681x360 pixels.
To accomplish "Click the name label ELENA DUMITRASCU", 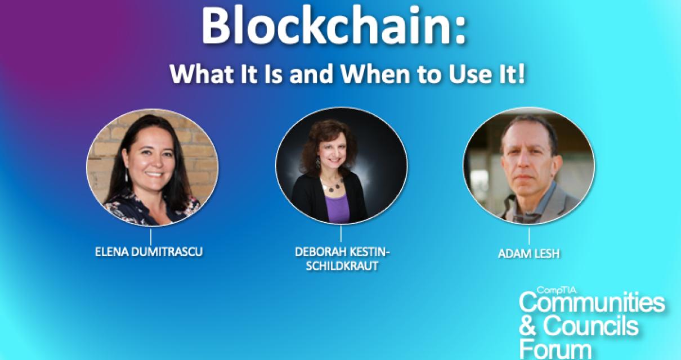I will click(x=149, y=251).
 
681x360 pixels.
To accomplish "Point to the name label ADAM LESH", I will click(x=529, y=253).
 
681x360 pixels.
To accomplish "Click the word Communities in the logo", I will click(x=592, y=304).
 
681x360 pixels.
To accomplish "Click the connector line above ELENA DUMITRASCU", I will click(x=151, y=236).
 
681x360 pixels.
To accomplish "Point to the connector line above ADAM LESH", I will click(x=529, y=236).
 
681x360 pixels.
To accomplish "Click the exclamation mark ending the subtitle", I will click(x=522, y=75).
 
